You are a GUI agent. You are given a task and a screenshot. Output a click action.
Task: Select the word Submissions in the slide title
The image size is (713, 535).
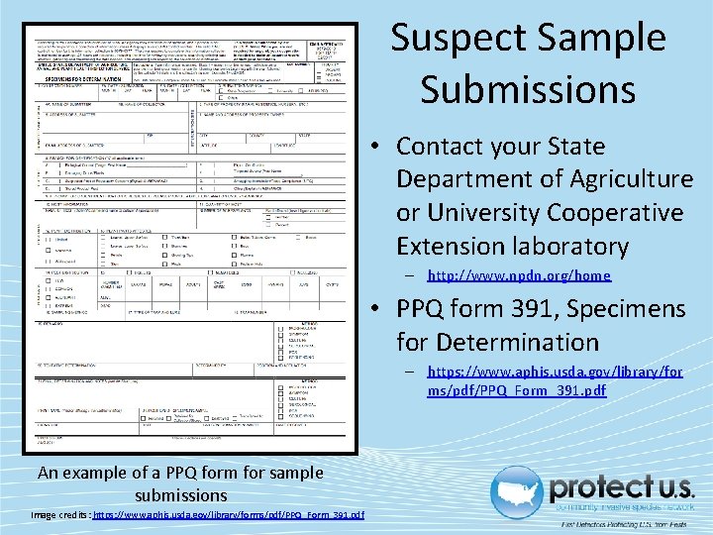pos(528,89)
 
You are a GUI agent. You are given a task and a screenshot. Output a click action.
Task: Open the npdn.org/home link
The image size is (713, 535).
pos(519,275)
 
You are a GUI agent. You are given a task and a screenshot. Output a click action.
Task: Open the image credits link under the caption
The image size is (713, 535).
pos(228,514)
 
